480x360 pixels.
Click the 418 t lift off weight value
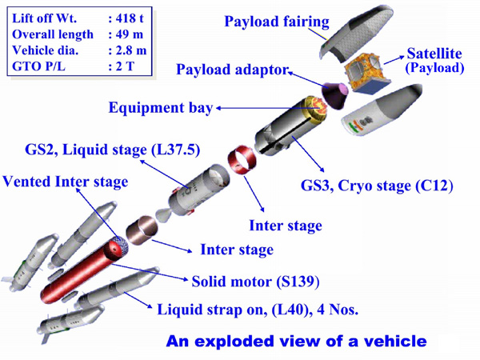pyautogui.click(x=130, y=18)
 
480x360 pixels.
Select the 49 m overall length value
pyautogui.click(x=130, y=34)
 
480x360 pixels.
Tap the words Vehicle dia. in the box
pyautogui.click(x=45, y=50)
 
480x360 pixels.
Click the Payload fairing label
pyautogui.click(x=277, y=22)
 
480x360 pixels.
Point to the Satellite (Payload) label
pyautogui.click(x=434, y=60)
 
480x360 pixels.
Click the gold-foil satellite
pyautogui.click(x=366, y=73)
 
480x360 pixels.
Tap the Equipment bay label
pyautogui.click(x=161, y=108)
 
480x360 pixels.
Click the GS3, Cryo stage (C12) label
pyautogui.click(x=377, y=186)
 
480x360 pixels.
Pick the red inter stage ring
pyautogui.click(x=242, y=161)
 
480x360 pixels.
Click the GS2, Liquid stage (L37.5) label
pyautogui.click(x=113, y=150)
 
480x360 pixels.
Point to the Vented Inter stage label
pyautogui.click(x=66, y=182)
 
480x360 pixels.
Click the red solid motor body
pyautogui.click(x=82, y=270)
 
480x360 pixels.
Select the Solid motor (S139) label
pyautogui.click(x=256, y=282)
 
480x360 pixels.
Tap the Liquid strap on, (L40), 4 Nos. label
pyautogui.click(x=258, y=310)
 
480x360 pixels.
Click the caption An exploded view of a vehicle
pyautogui.click(x=296, y=341)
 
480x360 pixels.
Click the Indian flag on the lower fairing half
pyautogui.click(x=354, y=126)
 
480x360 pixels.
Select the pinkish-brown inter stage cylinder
pyautogui.click(x=142, y=230)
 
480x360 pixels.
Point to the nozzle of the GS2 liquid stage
pyautogui.click(x=163, y=215)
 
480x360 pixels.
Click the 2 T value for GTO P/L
pyautogui.click(x=125, y=66)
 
